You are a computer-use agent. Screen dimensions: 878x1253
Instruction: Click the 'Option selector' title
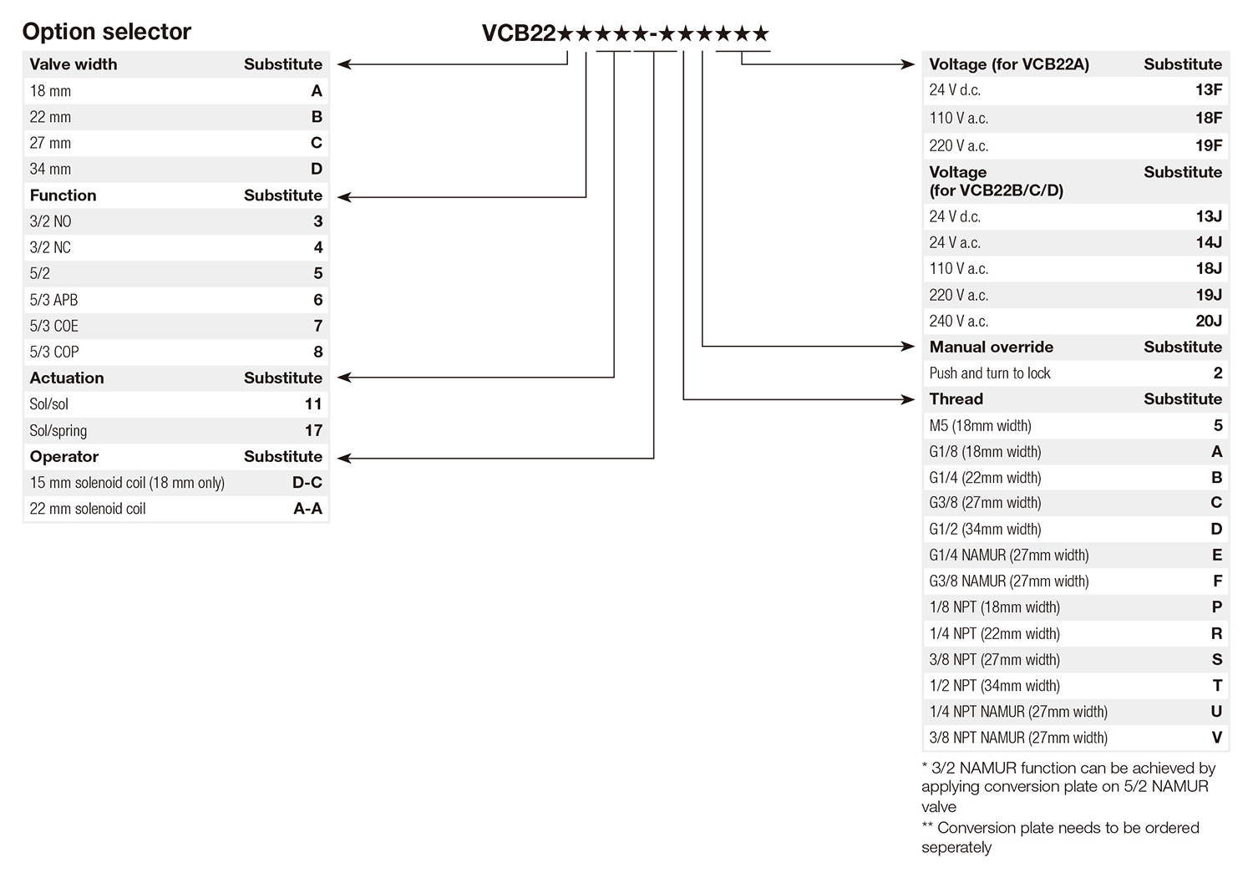(x=106, y=32)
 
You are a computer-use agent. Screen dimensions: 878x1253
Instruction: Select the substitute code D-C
(x=307, y=483)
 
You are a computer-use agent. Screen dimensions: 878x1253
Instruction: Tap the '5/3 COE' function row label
(x=54, y=326)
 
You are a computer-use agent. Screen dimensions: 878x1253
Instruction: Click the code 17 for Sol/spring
(x=313, y=430)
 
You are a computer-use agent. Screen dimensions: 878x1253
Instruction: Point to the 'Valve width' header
(x=74, y=64)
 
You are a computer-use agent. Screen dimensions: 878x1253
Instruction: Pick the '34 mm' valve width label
(x=50, y=169)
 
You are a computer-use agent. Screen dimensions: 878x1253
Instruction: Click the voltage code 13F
(x=1208, y=90)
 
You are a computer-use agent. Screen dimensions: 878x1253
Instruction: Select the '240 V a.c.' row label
(x=958, y=321)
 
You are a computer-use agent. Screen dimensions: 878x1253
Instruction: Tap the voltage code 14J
(x=1208, y=242)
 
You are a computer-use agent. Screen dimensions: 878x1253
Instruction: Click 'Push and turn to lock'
(x=990, y=373)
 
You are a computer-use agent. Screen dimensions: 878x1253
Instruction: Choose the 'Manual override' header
(x=991, y=347)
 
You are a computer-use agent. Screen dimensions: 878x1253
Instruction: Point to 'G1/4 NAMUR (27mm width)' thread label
(x=1008, y=556)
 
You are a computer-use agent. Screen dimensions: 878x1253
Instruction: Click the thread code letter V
(x=1216, y=738)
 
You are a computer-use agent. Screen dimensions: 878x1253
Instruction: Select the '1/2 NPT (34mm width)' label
(x=994, y=686)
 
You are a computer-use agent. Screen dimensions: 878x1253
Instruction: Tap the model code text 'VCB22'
(x=519, y=33)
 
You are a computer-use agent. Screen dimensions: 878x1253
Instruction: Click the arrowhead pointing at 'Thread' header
(x=909, y=399)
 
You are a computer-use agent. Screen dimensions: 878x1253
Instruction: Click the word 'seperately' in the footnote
(x=956, y=847)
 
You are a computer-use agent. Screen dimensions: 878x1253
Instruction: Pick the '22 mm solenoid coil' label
(x=88, y=509)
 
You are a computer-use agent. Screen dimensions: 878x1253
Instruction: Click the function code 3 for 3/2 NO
(x=317, y=221)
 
